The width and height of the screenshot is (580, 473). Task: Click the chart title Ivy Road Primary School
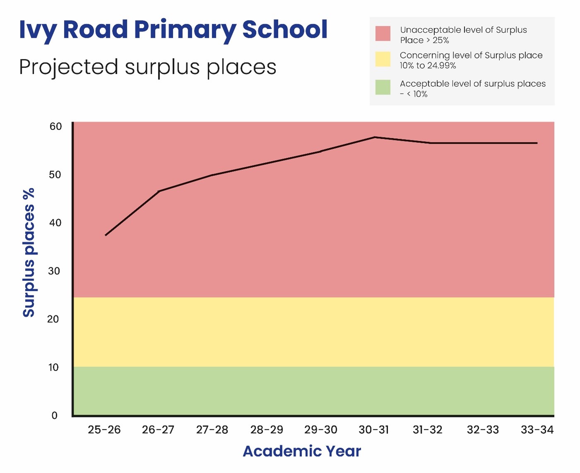coord(173,30)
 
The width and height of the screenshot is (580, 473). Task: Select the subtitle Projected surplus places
coord(147,67)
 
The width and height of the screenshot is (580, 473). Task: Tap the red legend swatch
coord(383,34)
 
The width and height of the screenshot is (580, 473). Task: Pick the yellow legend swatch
coord(383,59)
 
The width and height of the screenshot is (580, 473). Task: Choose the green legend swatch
coord(383,87)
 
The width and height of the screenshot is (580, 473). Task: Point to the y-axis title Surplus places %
coord(29,252)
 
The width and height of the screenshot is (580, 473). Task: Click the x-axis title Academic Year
coord(302,451)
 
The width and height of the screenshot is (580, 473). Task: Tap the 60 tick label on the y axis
coord(55,127)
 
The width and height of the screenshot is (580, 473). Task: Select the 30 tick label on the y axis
coord(54,271)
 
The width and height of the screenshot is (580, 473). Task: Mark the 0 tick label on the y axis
coord(54,415)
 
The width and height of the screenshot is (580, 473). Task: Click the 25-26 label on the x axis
coord(104,430)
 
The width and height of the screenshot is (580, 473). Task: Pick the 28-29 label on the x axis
coord(267,430)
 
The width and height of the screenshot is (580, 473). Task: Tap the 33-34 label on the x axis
coord(537,430)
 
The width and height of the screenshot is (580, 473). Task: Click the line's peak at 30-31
coord(374,137)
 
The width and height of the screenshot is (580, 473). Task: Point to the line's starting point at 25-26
coord(106,235)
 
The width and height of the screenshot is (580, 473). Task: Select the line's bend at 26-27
coord(159,191)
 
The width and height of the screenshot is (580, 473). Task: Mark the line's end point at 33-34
coord(537,143)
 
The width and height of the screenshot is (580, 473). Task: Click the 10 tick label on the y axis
coord(53,367)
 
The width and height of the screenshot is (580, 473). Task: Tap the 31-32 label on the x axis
coord(428,430)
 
